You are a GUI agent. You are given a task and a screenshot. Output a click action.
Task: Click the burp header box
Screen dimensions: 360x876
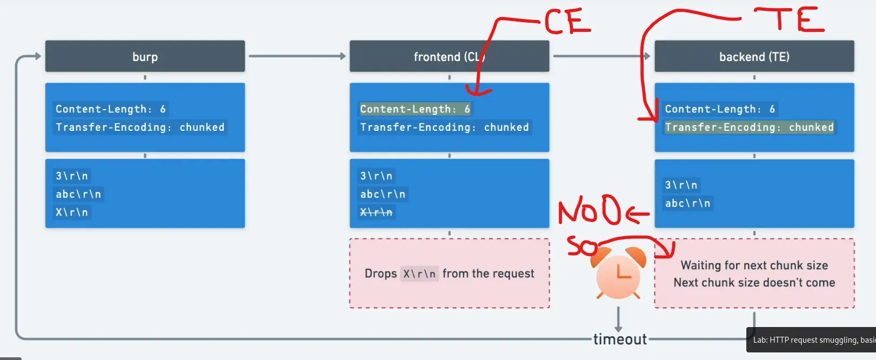tap(145, 56)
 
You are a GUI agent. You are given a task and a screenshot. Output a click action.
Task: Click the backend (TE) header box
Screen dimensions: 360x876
tap(754, 56)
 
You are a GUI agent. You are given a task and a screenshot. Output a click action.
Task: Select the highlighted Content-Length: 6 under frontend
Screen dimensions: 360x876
tap(415, 109)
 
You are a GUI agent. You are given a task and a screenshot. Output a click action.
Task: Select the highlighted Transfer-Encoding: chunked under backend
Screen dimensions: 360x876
tap(749, 127)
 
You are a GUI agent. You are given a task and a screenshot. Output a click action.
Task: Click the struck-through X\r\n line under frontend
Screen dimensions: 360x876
tap(376, 212)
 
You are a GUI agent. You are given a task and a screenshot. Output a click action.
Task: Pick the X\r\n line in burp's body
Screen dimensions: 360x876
tap(72, 212)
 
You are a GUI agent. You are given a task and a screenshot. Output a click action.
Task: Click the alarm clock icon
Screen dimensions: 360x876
tap(618, 275)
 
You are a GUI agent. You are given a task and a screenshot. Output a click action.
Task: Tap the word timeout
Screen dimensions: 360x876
tap(620, 339)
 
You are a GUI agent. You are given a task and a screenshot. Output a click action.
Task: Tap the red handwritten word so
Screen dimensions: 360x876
tap(581, 246)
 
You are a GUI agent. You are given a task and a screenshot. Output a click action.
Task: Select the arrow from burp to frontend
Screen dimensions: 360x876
tap(297, 56)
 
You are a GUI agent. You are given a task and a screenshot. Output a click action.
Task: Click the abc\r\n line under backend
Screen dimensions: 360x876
tap(687, 203)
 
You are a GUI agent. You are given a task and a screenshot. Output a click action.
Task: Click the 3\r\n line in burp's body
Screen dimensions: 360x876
tap(72, 176)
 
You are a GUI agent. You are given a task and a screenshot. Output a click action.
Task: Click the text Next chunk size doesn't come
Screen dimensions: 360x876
tap(754, 282)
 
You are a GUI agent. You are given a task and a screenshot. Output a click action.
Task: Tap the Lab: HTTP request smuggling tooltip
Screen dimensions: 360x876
tap(812, 340)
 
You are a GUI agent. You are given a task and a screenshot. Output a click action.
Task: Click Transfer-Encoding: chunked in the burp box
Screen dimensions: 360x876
tap(140, 127)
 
